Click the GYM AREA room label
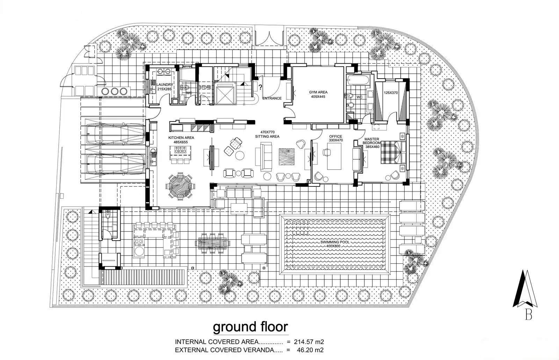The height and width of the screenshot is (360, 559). point(318,92)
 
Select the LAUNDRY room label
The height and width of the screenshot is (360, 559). point(165,85)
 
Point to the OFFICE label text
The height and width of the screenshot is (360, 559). point(336,137)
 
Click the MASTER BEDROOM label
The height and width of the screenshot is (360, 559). point(372,141)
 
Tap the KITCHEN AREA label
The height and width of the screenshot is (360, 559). point(181,138)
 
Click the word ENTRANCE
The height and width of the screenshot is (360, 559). point(272,98)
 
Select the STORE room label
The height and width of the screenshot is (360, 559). point(205,87)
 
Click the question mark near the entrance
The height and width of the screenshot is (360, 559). point(260,87)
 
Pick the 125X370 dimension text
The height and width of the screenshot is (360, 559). point(391,93)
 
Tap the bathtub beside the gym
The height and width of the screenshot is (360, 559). point(358,80)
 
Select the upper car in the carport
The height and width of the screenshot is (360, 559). point(116,134)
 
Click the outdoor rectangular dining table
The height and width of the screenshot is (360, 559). point(213,243)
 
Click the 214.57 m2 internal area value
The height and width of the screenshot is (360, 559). point(309,341)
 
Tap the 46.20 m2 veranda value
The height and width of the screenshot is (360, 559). point(310,350)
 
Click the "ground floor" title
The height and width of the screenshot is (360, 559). point(250,327)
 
